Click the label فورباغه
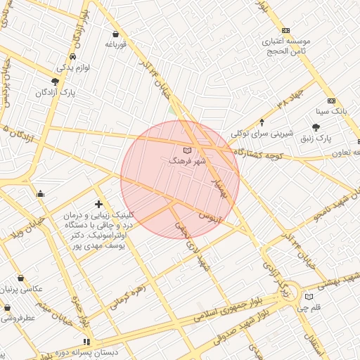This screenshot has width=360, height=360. pos(115,44)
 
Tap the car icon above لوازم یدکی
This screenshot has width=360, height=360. pos(73,56)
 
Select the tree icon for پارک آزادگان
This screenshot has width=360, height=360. pos(55,82)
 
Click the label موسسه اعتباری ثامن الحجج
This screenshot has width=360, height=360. pos(286,46)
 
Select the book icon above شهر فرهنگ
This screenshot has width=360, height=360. pos(186,150)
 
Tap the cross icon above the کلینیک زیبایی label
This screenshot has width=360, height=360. pos(98,204)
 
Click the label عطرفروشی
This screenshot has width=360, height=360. pos(16,318)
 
